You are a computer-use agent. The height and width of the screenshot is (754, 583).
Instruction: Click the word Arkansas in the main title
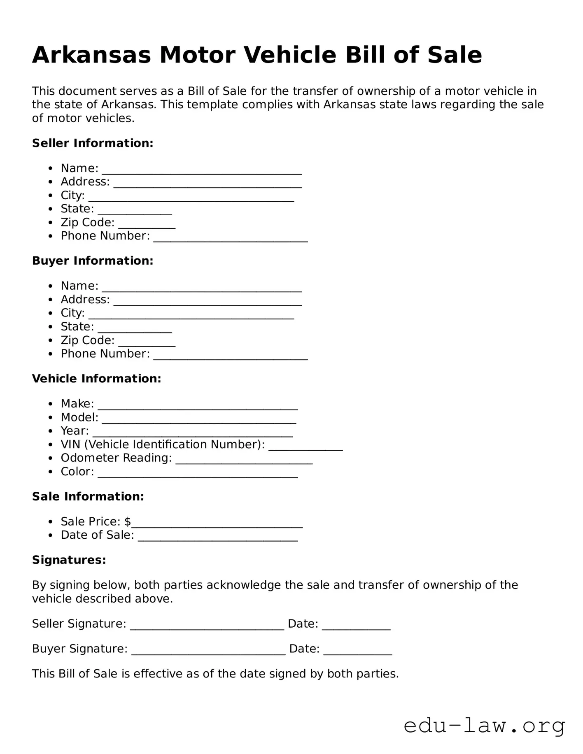click(x=91, y=55)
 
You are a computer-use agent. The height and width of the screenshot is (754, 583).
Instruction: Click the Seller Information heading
click(x=93, y=143)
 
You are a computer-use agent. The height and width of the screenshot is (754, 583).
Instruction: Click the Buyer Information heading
click(x=93, y=261)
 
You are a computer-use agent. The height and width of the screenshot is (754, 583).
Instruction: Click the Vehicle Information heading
click(x=96, y=379)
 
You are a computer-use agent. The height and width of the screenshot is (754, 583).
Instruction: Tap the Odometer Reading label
click(x=116, y=458)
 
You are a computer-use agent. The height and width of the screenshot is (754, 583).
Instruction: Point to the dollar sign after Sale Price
click(x=128, y=522)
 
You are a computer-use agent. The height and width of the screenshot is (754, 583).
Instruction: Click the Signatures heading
click(x=69, y=560)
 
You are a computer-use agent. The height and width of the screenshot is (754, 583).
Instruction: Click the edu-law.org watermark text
click(x=484, y=726)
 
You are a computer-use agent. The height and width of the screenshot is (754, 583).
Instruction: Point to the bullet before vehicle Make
click(x=50, y=404)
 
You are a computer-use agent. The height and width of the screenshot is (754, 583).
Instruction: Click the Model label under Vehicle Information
click(x=79, y=417)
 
